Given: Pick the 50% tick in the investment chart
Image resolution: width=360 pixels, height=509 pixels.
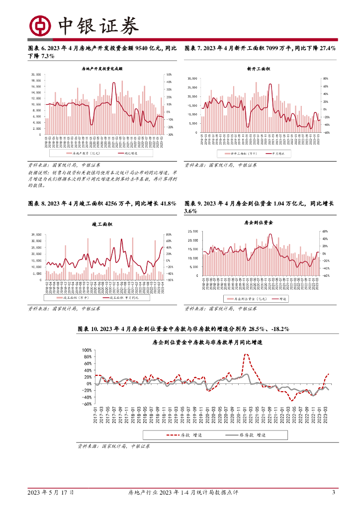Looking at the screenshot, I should (169, 75).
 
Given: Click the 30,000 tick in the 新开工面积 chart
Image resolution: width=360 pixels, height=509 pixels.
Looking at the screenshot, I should (193, 79).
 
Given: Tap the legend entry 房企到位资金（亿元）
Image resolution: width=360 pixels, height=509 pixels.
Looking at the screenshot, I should (244, 298).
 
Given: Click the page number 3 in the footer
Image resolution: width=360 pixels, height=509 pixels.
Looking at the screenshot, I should (334, 493).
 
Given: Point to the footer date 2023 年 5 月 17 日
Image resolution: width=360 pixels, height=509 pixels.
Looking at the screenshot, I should (51, 493).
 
